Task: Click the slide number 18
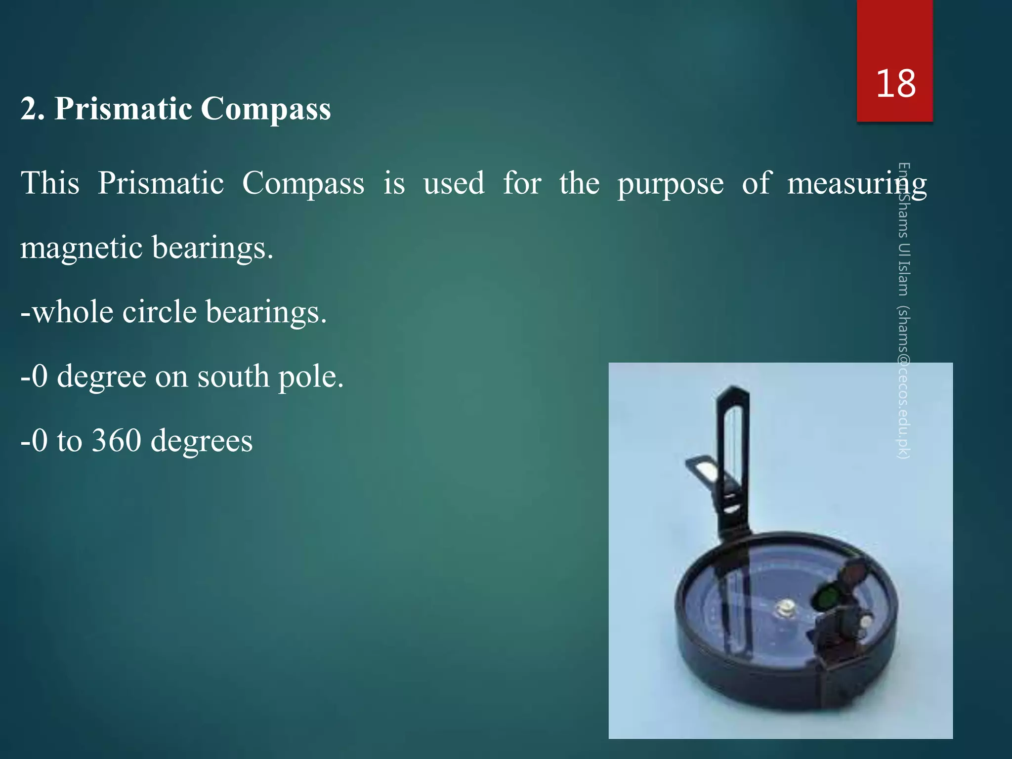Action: [895, 84]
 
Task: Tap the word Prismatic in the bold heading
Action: [123, 108]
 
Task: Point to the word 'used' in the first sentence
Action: [454, 184]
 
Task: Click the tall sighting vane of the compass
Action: [735, 445]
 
